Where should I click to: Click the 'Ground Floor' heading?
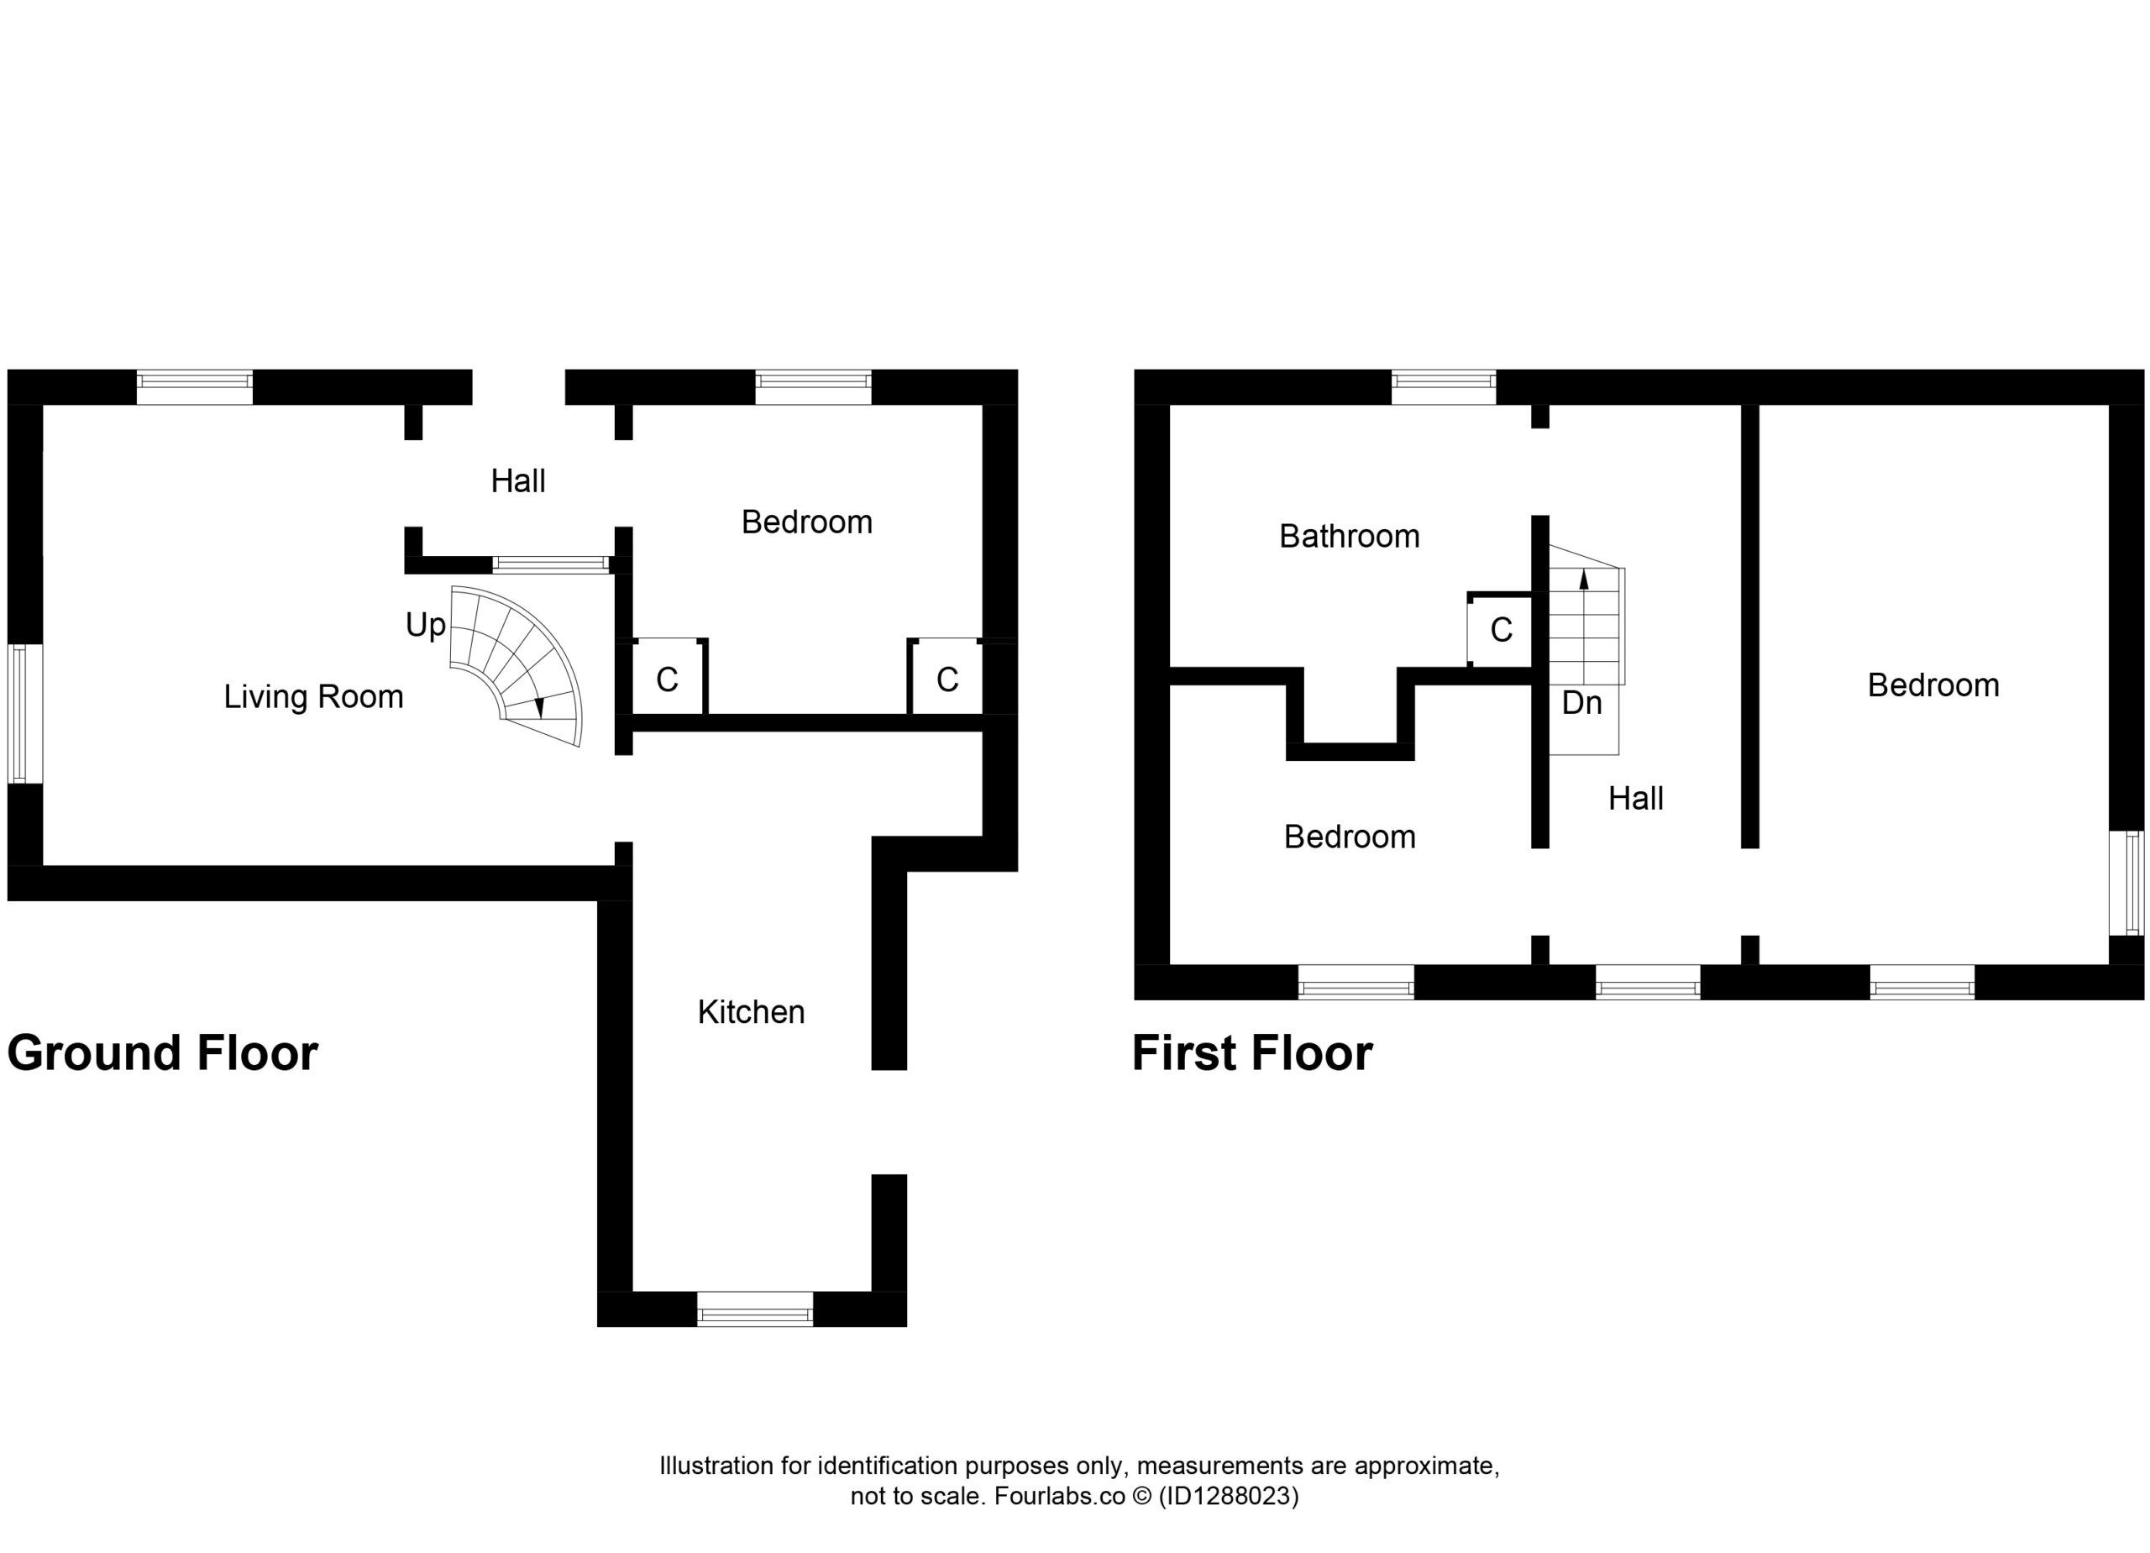coord(162,1053)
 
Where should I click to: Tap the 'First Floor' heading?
coord(1252,1053)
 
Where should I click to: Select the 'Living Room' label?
coord(314,697)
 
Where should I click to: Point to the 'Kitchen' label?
coord(751,1013)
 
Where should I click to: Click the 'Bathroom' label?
coord(1349,537)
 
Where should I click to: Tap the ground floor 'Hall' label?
coord(517,481)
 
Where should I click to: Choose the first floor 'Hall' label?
coord(1635,800)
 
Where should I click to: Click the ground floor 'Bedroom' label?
coord(807,522)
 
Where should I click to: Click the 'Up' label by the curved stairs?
coord(426,626)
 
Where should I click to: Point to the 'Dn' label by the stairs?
coord(1581,702)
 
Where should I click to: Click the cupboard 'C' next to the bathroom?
coord(1501,630)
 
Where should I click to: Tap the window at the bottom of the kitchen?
coord(754,1309)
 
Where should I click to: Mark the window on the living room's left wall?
coord(25,714)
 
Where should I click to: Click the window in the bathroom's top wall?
coord(1444,387)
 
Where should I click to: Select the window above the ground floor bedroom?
coord(813,387)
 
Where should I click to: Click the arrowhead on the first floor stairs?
coord(1584,580)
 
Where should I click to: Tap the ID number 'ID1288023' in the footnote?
coord(1228,1496)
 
